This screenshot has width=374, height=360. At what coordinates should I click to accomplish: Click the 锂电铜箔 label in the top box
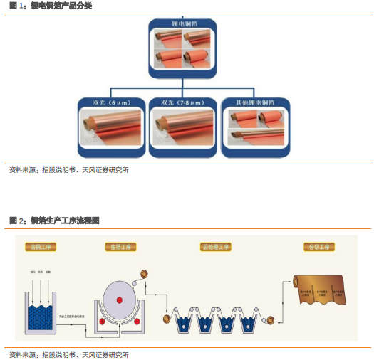(184, 25)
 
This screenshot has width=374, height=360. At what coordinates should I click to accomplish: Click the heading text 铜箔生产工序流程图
(65, 221)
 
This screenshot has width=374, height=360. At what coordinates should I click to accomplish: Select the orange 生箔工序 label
(120, 247)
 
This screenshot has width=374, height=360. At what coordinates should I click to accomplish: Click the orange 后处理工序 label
(216, 247)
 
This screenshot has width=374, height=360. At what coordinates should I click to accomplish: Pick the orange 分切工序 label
(318, 247)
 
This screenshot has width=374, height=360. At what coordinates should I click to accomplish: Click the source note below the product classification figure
(68, 170)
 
